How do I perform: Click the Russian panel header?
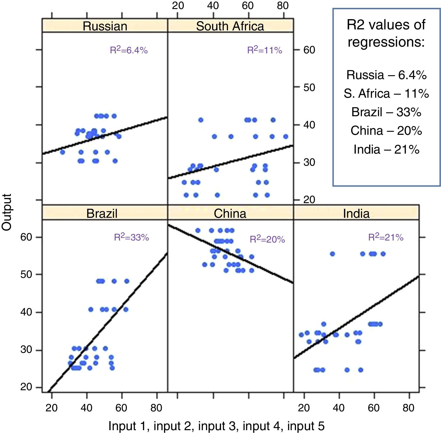tap(105, 26)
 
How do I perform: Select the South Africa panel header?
tap(230, 26)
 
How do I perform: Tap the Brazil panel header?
tap(102, 213)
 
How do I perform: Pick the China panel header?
tap(230, 213)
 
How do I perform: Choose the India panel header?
tap(356, 213)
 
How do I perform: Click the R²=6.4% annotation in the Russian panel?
tap(129, 50)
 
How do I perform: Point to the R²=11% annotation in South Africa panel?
tap(265, 50)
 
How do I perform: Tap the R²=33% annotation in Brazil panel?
tap(131, 237)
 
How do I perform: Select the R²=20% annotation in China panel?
tap(267, 239)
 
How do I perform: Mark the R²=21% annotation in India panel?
tap(386, 237)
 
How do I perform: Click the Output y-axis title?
tap(7, 212)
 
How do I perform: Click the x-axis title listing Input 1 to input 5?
tap(216, 426)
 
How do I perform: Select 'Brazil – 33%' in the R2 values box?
tap(386, 112)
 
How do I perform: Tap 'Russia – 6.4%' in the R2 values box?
tap(386, 75)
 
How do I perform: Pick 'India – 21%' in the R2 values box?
tap(386, 149)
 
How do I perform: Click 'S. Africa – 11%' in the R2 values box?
tap(386, 94)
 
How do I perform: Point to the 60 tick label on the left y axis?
tap(26, 237)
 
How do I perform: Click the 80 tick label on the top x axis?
tap(283, 6)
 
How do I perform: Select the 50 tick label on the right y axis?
tap(309, 87)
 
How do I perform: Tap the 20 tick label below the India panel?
tap(304, 408)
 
